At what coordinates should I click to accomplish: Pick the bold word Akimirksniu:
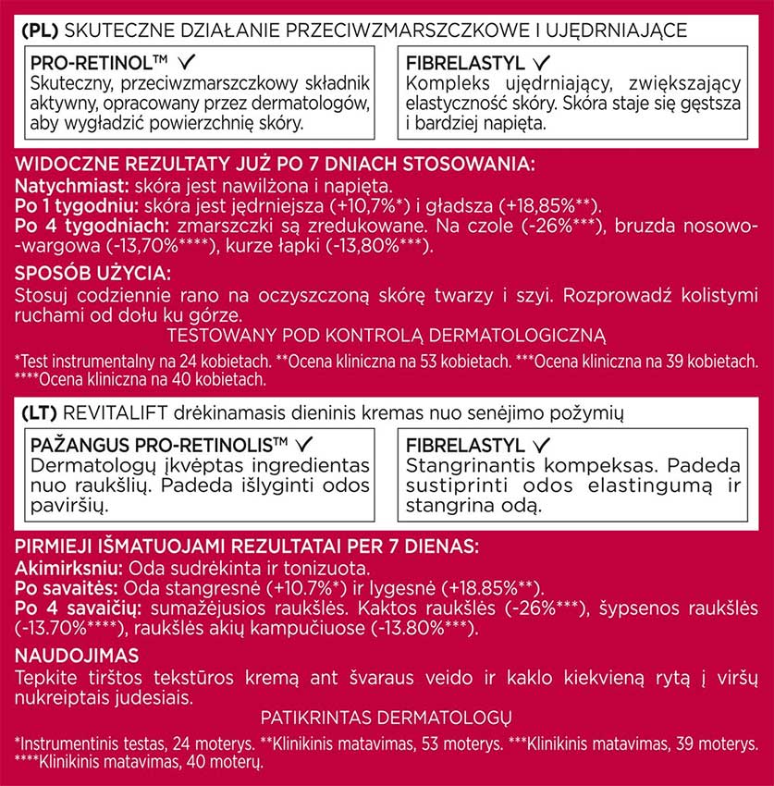[69, 568]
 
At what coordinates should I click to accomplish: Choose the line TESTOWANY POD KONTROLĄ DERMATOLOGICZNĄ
[386, 335]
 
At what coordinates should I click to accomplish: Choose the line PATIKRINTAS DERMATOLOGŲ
[386, 718]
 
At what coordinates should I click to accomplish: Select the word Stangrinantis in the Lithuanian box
[460, 464]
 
